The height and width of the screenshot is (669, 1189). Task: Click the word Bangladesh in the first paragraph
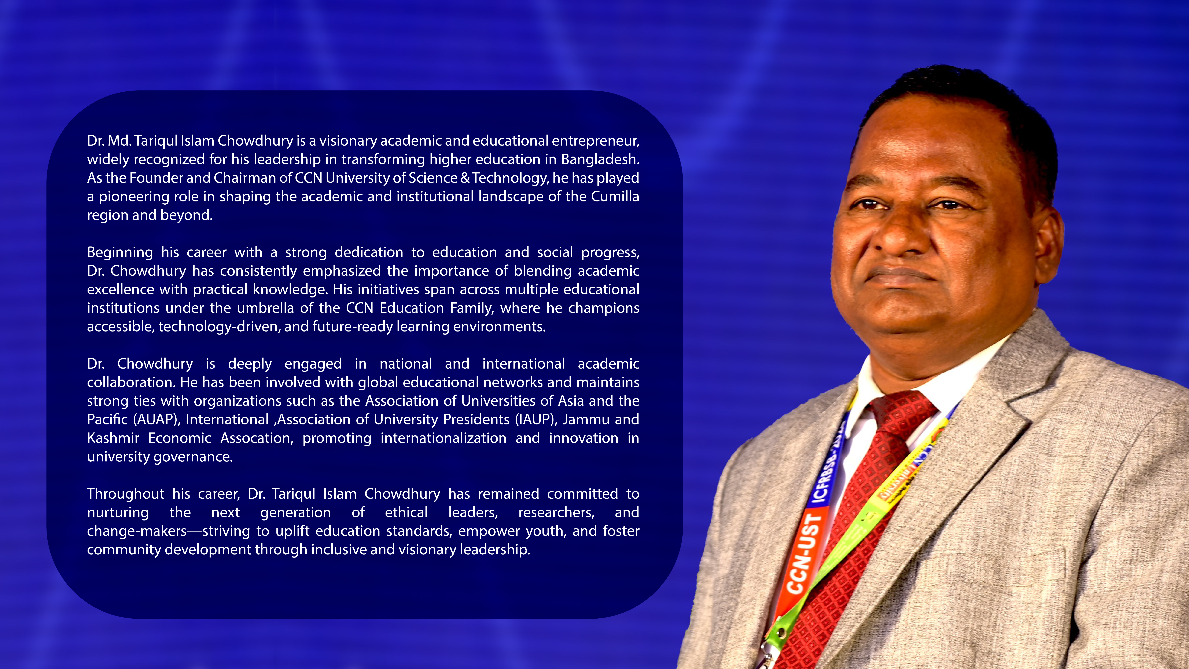coord(600,159)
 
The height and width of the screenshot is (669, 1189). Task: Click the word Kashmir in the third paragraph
coord(113,438)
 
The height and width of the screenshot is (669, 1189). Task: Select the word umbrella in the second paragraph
coord(265,308)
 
